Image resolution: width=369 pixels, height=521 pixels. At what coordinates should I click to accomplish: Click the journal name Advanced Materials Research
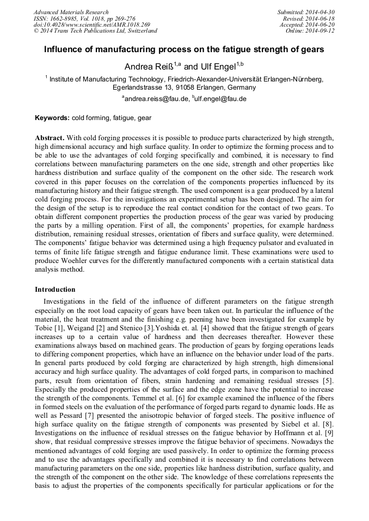(71, 12)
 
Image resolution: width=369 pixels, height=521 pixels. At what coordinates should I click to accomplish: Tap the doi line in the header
(91, 24)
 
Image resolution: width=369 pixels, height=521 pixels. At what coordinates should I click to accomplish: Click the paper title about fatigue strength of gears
(184, 49)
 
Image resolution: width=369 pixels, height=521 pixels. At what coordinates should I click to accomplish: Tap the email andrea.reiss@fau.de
(156, 99)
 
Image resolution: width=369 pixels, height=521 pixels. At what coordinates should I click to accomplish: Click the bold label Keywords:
(52, 118)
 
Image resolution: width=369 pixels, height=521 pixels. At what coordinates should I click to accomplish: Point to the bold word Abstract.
(50, 138)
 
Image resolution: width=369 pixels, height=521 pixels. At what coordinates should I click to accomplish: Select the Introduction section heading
(55, 290)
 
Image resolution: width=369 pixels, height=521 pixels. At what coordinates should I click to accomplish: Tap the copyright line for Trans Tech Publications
(95, 31)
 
